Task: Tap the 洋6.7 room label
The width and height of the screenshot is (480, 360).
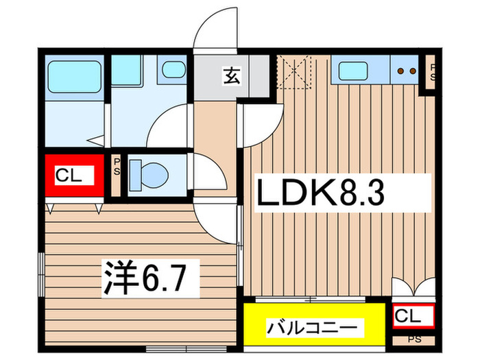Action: pyautogui.click(x=152, y=276)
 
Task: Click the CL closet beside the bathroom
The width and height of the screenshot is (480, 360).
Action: pyautogui.click(x=74, y=176)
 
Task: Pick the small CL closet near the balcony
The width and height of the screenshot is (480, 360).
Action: pyautogui.click(x=414, y=316)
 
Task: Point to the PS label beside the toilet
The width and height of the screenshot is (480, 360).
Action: pyautogui.click(x=117, y=167)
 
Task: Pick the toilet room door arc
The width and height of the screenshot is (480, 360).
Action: pyautogui.click(x=210, y=171)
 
